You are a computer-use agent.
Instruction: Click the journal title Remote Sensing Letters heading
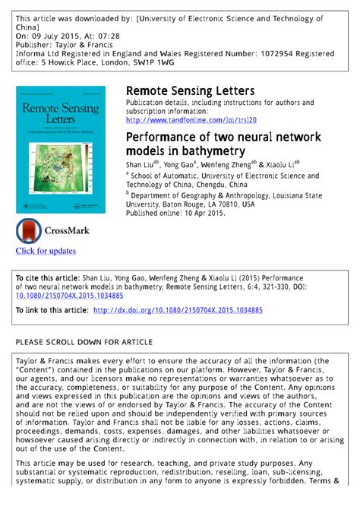click(x=190, y=91)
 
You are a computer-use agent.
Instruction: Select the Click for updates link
click(x=46, y=251)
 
